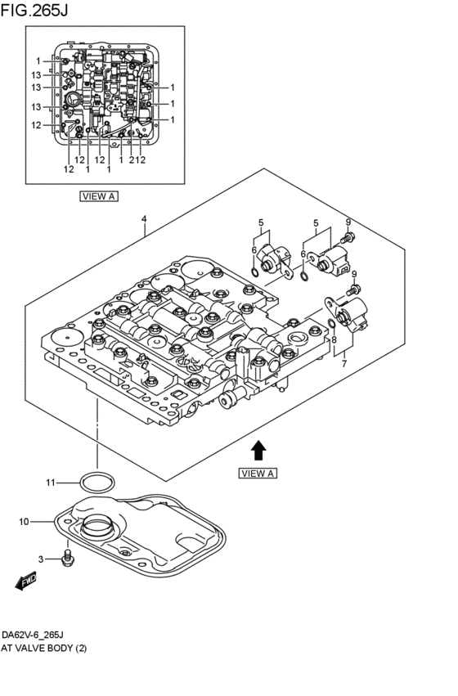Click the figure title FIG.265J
click(34, 10)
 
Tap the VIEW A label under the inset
click(99, 195)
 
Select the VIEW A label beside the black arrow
click(258, 474)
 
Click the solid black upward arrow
click(258, 451)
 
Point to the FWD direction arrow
click(25, 581)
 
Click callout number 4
click(144, 219)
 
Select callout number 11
click(51, 483)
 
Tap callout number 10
click(24, 522)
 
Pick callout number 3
click(41, 559)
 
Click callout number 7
click(344, 364)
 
